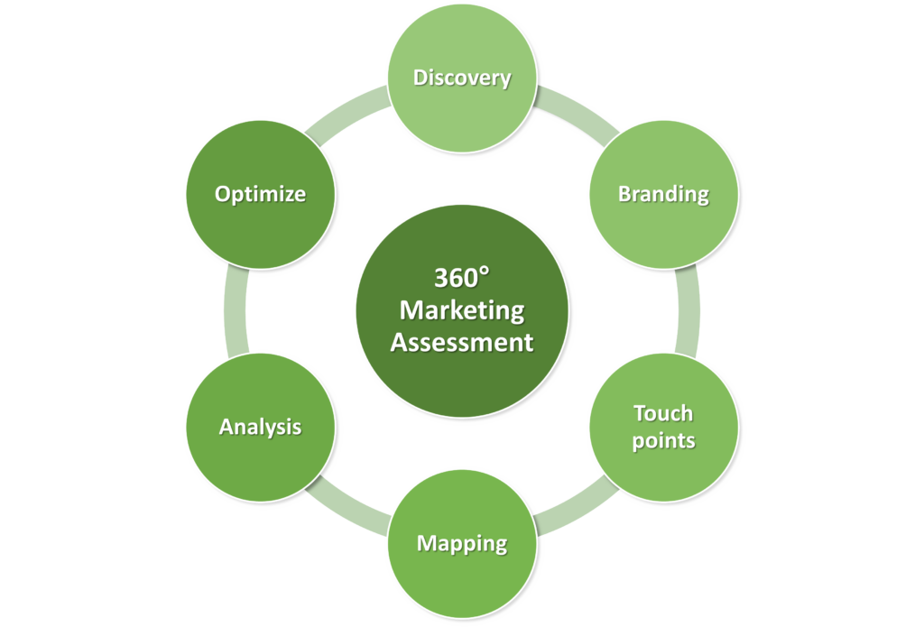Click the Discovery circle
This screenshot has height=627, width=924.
[462, 78]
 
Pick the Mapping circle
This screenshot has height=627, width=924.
[462, 543]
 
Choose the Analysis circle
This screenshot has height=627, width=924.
[261, 426]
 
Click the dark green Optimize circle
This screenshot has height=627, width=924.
[261, 194]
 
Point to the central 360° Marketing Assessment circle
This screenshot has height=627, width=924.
[462, 311]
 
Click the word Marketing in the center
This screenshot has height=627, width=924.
[462, 309]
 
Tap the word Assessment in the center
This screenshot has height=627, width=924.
[462, 343]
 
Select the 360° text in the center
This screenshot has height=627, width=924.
[462, 277]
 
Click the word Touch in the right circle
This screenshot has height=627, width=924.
[663, 413]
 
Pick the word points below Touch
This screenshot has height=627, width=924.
[663, 440]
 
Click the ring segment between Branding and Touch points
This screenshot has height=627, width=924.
[688, 311]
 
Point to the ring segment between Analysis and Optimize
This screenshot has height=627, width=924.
[236, 311]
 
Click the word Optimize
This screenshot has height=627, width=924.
[260, 194]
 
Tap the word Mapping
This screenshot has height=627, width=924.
[462, 544]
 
